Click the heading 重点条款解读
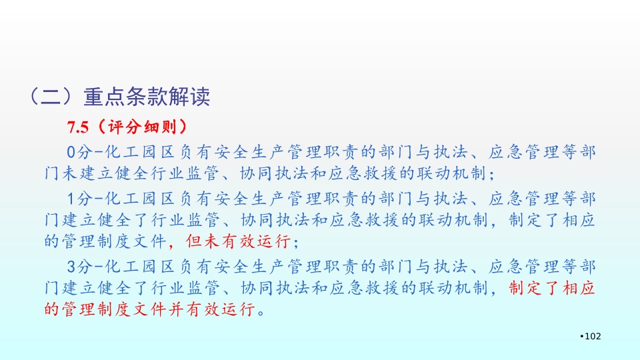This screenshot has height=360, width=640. tap(147, 97)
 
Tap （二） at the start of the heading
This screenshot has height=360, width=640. tap(51, 97)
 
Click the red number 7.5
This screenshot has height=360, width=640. tap(78, 127)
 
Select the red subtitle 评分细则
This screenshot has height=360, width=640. tap(143, 127)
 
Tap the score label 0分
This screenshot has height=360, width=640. tap(79, 152)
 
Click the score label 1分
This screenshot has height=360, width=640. tap(79, 199)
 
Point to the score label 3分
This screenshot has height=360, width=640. tap(79, 267)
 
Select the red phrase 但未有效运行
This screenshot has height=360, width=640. tap(238, 241)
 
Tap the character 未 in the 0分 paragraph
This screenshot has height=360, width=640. tap(70, 173)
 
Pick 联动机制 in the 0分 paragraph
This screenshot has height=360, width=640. tap(451, 173)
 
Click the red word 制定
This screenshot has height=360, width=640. tap(526, 288)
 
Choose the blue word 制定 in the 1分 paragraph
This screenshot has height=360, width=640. tap(526, 220)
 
